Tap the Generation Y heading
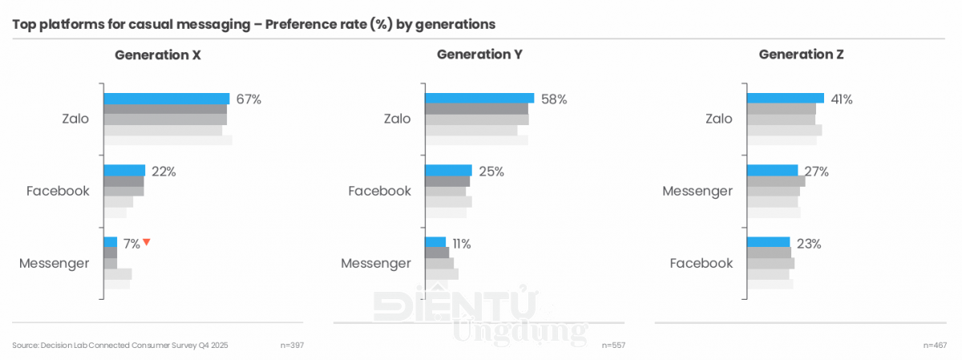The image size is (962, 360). coord(479,55)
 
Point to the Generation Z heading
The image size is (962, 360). coord(801,55)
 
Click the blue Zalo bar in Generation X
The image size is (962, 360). coord(166,99)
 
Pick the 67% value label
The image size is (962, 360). coord(249,99)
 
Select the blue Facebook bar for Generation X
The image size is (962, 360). coord(124,171)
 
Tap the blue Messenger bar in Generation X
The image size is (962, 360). coord(111,242)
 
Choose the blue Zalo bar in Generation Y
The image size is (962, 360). coord(479,99)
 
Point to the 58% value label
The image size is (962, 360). coord(554,99)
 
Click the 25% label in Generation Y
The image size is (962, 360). coord(491,172)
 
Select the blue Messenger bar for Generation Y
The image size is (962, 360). coord(435,242)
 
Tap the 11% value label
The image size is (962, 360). coord(461,244)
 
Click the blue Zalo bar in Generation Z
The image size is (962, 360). coord(785,99)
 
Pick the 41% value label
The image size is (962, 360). coord(841,99)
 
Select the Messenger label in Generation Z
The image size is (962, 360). coord(697,191)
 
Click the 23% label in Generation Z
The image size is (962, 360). coord(809,244)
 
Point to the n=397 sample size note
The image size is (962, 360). coord(292,345)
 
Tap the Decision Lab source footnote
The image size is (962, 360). coord(121,345)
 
